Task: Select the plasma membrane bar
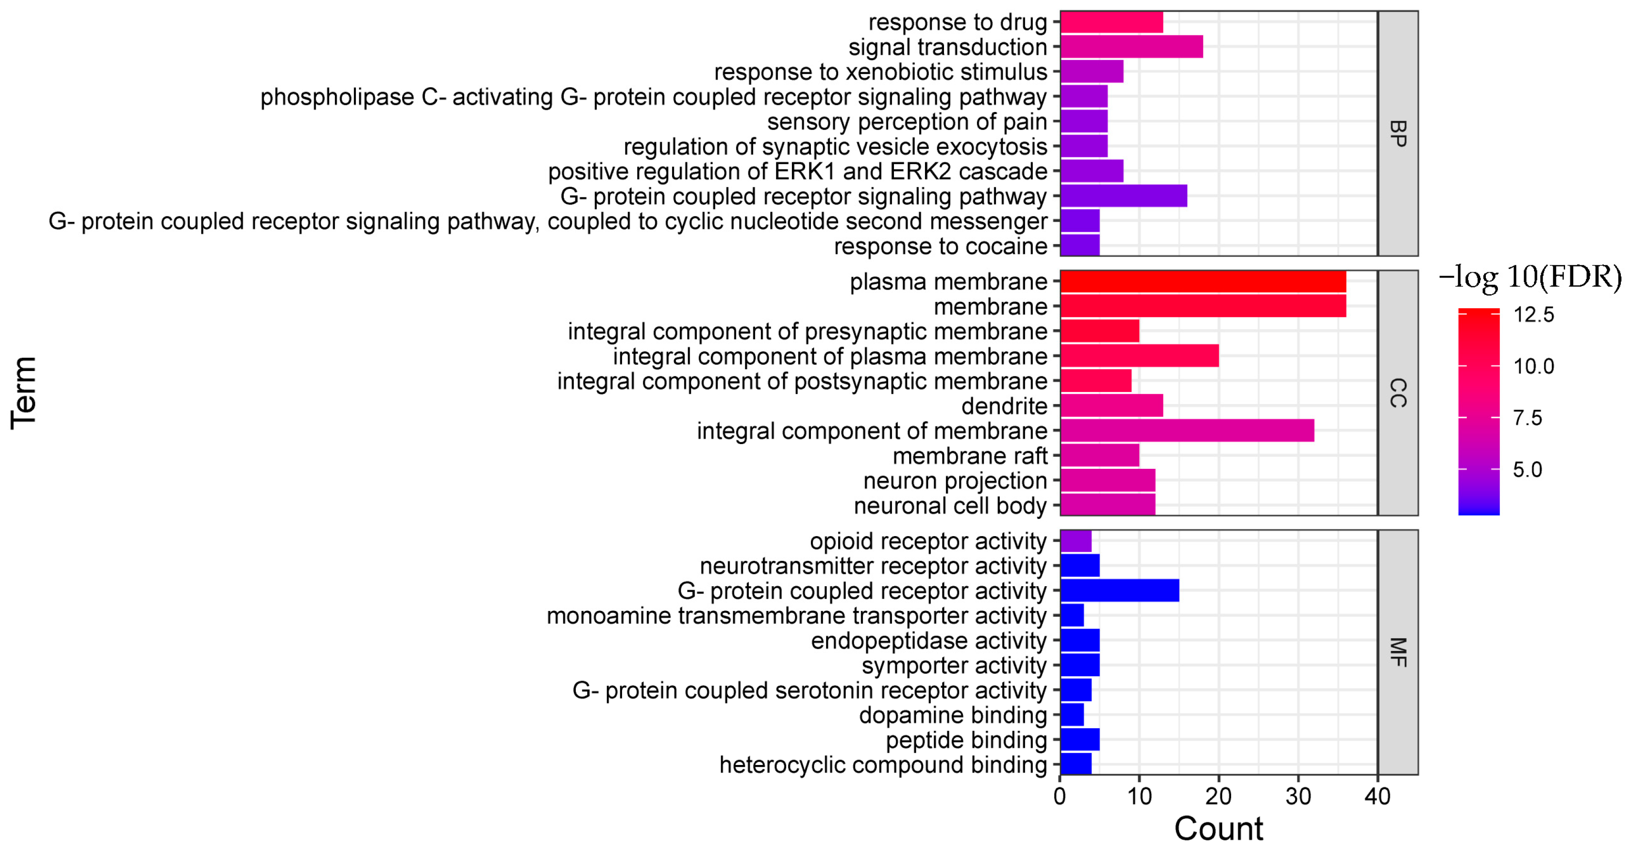point(1203,281)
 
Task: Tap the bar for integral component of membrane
point(1187,431)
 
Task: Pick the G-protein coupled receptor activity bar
point(1119,590)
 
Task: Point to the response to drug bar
point(1111,22)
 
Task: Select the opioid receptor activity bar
point(1076,541)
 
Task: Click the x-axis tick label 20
point(1219,796)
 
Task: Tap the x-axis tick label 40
point(1377,796)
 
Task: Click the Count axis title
point(1219,828)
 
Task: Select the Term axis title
point(24,393)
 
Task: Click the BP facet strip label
point(1398,134)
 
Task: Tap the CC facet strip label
point(1398,393)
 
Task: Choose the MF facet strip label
point(1398,652)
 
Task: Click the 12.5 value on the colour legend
point(1534,315)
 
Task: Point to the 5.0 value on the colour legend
point(1527,469)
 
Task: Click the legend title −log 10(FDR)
point(1530,277)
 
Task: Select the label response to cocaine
point(940,246)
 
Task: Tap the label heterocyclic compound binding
point(883,765)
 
